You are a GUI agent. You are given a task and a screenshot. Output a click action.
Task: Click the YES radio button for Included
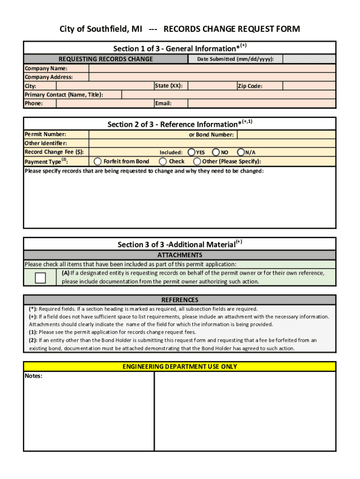click(192, 152)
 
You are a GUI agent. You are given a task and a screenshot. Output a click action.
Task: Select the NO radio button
click(216, 152)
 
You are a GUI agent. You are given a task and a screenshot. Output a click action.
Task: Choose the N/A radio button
click(241, 152)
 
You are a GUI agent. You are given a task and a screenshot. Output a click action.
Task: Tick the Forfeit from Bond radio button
click(97, 161)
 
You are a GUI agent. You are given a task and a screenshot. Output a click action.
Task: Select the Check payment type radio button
click(163, 161)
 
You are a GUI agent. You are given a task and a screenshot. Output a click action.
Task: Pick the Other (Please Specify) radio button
click(197, 161)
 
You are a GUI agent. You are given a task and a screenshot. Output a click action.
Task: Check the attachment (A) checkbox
click(41, 278)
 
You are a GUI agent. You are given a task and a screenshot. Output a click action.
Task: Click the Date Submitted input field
click(309, 59)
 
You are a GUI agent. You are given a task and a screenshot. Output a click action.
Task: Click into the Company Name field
click(212, 68)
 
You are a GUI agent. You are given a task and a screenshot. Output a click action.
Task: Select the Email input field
click(261, 103)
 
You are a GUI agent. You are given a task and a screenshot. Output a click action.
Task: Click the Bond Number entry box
click(286, 135)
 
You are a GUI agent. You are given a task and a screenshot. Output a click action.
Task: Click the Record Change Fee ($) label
click(54, 152)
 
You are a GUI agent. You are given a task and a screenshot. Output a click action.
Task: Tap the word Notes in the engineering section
click(34, 376)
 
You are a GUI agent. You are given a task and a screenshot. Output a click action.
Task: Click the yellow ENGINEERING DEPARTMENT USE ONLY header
click(180, 367)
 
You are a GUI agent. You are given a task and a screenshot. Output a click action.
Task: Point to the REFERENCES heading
click(180, 300)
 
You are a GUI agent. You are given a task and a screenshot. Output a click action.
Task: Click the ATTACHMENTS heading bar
click(180, 255)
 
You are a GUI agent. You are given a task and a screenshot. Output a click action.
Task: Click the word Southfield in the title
click(104, 29)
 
